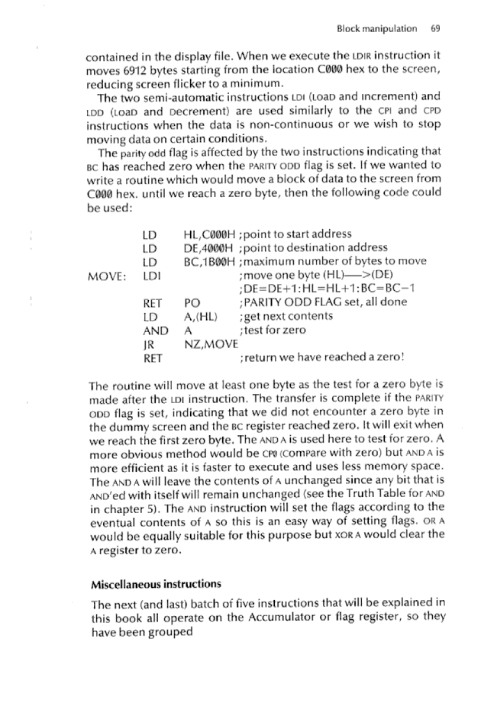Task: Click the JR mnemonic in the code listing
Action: click(149, 343)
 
